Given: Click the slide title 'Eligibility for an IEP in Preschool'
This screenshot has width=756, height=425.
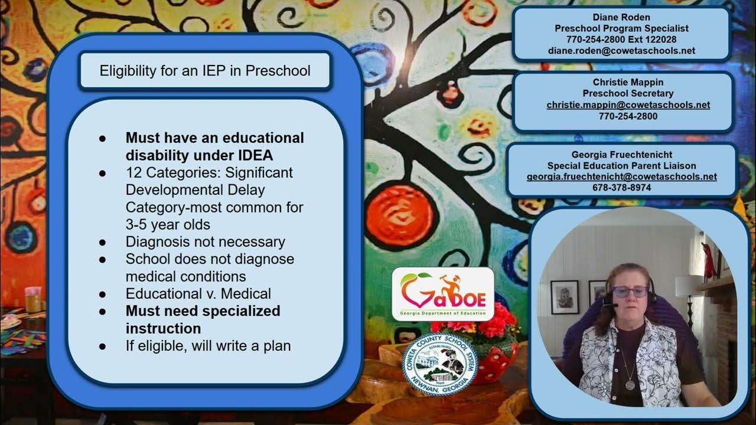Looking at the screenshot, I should coord(204,71).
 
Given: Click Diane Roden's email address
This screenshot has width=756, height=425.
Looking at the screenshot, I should coord(621,51).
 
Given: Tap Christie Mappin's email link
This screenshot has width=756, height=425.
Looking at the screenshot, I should coord(628,104).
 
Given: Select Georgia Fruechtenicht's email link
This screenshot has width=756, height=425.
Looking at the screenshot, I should coord(621,176).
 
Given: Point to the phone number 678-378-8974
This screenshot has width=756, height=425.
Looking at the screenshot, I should coord(621,188).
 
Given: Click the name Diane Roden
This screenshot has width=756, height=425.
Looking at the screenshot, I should coord(621,17).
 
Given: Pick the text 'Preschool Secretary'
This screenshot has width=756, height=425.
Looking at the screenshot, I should coord(628,93).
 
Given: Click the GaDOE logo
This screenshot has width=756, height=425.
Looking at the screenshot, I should coord(442,293).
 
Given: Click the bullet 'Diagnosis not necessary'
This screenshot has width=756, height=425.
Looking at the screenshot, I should coord(205,241).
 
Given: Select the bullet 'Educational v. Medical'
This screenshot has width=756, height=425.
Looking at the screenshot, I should coord(198,293).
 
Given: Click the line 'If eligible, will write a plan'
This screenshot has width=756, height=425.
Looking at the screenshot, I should coord(208,345).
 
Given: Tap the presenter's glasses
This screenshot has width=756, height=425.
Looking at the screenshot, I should coord(630,292).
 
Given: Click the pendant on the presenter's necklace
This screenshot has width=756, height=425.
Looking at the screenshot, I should coord(630,385).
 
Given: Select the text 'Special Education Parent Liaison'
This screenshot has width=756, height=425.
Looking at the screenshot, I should coord(621,166).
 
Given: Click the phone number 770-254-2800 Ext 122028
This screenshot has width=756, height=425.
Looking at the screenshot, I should coord(621,40).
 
